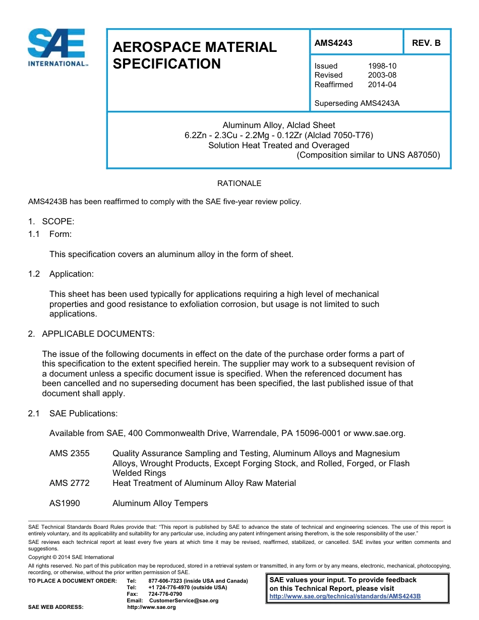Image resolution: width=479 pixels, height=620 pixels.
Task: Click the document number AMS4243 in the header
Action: pyautogui.click(x=333, y=43)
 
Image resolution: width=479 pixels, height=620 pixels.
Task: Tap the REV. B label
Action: pyautogui.click(x=426, y=43)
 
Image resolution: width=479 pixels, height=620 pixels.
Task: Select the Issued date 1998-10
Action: pyautogui.click(x=382, y=66)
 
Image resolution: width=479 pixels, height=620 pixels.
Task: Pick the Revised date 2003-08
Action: pyautogui.click(x=382, y=75)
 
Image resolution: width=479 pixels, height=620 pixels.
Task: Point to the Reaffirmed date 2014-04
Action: pyautogui.click(x=382, y=85)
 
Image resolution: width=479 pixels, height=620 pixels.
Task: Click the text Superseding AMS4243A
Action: pyautogui.click(x=356, y=103)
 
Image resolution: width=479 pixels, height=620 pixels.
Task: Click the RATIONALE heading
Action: pyautogui.click(x=239, y=183)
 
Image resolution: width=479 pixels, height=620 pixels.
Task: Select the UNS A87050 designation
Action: pyautogui.click(x=413, y=155)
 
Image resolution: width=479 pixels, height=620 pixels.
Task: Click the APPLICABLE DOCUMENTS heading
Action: pyautogui.click(x=98, y=334)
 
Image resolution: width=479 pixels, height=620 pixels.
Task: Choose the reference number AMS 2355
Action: pyautogui.click(x=70, y=454)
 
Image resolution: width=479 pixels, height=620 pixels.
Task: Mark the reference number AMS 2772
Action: pyautogui.click(x=70, y=483)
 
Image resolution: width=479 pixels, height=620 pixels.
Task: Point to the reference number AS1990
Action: pyautogui.click(x=65, y=503)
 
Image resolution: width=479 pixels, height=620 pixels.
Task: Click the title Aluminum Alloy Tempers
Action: pyautogui.click(x=160, y=503)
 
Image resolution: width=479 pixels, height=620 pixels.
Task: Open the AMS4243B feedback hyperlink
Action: pyautogui.click(x=345, y=596)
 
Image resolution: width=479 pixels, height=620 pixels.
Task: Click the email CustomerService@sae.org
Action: pyautogui.click(x=184, y=600)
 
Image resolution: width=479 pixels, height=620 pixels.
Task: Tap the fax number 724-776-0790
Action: pyautogui.click(x=165, y=594)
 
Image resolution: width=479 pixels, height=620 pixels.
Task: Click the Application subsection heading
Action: pyautogui.click(x=71, y=274)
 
